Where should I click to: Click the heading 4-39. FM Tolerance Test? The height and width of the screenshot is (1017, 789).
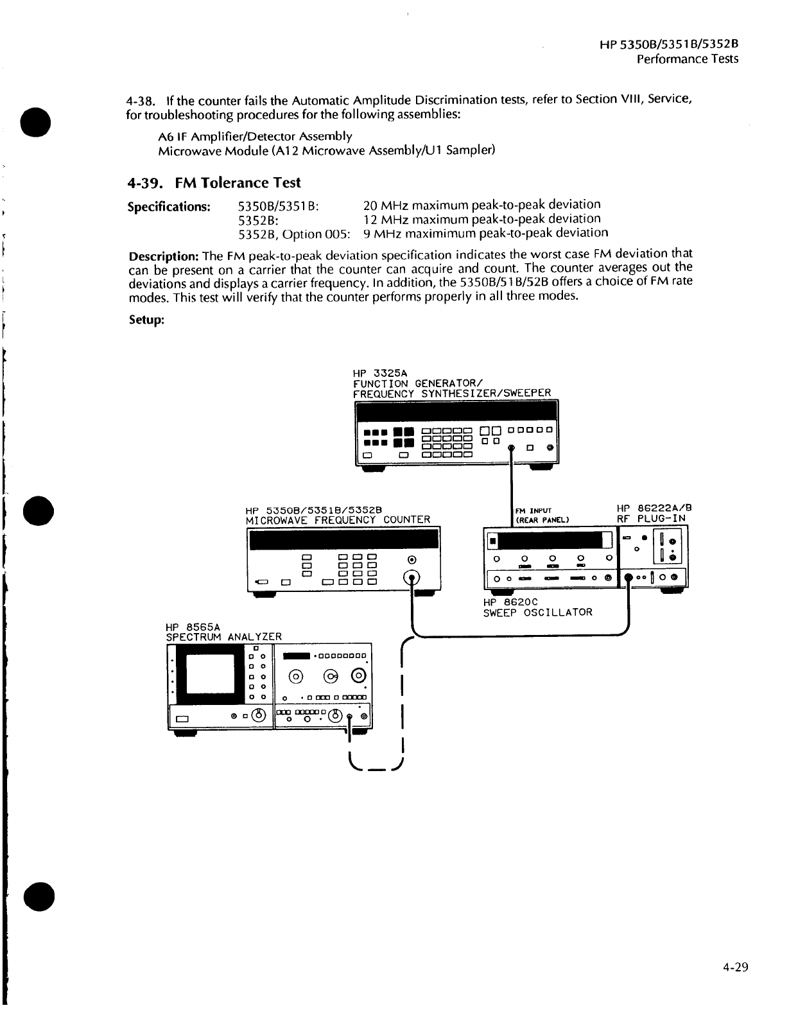[x=214, y=183]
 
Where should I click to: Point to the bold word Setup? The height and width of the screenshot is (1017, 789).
[x=147, y=320]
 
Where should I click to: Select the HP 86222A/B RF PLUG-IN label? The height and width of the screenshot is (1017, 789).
[x=654, y=513]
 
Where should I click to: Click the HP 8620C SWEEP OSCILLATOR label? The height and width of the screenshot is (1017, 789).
[x=537, y=607]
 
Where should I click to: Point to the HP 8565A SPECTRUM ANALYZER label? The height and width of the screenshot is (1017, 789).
[x=223, y=632]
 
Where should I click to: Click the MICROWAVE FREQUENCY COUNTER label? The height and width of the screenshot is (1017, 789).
[x=338, y=519]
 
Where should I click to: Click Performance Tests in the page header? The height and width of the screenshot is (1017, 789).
[x=687, y=59]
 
